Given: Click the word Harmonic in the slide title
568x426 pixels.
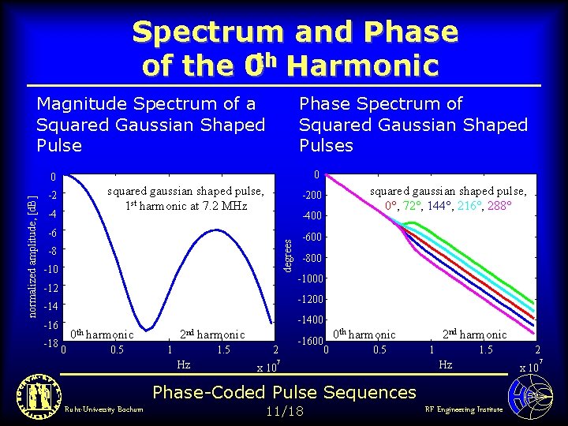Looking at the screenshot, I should (363, 65).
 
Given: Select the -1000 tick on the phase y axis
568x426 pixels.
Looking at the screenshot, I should (309, 279).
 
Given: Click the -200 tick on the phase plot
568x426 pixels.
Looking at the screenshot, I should (313, 196).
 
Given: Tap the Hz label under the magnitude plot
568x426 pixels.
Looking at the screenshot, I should (183, 364).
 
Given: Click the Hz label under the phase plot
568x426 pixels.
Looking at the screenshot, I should (446, 364).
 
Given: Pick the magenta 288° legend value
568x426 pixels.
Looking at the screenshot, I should (498, 206).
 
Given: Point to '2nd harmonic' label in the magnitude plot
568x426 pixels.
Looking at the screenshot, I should (212, 334).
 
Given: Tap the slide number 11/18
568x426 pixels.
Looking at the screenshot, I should (283, 410).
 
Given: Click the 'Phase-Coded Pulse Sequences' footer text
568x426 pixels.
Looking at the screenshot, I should (284, 392).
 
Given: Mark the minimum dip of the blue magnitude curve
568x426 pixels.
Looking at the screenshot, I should (145, 329).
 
